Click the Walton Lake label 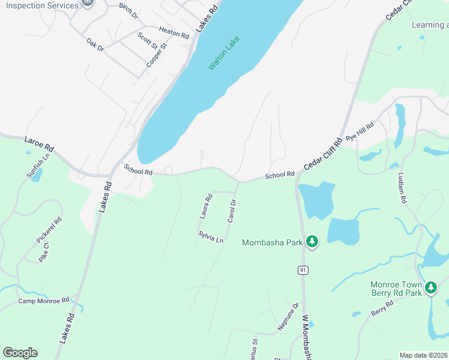point(224,53)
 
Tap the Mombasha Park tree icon point(312,242)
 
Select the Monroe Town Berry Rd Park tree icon point(430,288)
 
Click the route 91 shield point(303,270)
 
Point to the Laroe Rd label point(39,145)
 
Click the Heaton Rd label point(174,32)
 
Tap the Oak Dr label point(95,45)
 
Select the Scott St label point(147,41)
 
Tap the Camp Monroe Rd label point(44,301)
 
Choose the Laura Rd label point(206,206)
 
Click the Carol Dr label point(232,211)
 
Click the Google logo point(20,353)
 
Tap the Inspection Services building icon point(88,4)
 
